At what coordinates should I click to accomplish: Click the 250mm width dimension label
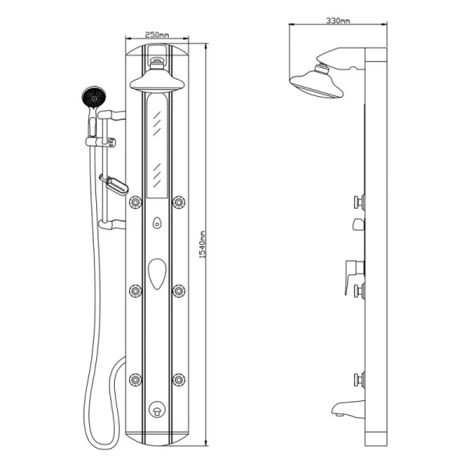click(x=157, y=34)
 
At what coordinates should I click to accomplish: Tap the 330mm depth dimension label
click(x=338, y=20)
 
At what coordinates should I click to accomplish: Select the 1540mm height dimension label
click(x=202, y=245)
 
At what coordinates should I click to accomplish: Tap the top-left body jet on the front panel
click(x=135, y=202)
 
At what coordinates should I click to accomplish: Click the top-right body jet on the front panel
click(x=179, y=202)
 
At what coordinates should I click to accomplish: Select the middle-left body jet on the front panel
click(x=135, y=291)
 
